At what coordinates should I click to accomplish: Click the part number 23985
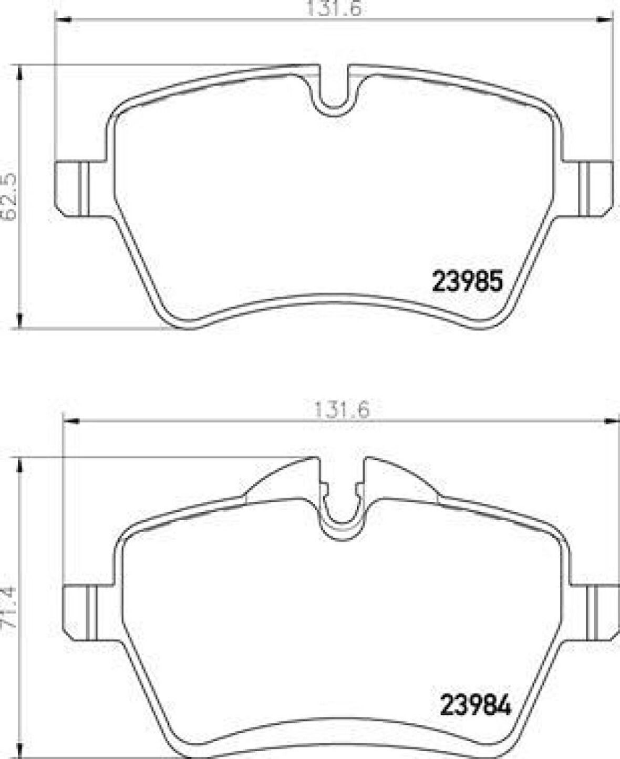[467, 282]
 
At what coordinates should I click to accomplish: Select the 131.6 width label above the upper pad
[335, 8]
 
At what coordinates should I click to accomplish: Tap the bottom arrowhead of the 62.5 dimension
[20, 321]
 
